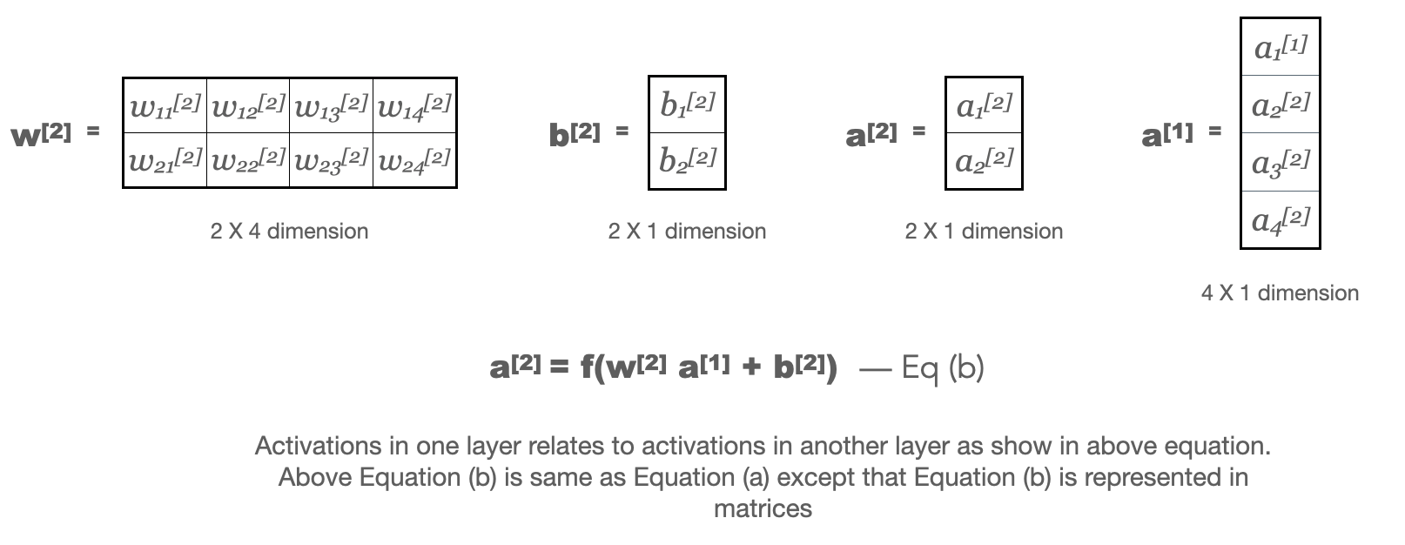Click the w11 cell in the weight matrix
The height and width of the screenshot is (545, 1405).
(x=165, y=106)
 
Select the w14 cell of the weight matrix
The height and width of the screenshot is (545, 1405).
(x=414, y=106)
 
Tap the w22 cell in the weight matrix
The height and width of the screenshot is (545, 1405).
(x=248, y=160)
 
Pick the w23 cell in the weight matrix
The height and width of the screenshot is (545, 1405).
(x=331, y=160)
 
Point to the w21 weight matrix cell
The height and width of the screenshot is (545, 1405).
(x=165, y=160)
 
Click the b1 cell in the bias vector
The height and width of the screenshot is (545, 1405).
(x=687, y=104)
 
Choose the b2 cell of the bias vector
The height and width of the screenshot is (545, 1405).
(x=687, y=160)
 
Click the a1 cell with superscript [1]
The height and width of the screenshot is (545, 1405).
(x=1280, y=47)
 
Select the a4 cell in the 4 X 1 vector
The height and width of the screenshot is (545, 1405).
(x=1280, y=219)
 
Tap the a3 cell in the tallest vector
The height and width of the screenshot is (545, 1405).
(x=1280, y=162)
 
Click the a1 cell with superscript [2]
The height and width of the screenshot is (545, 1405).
(x=984, y=105)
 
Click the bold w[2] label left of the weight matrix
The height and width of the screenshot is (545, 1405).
(x=42, y=135)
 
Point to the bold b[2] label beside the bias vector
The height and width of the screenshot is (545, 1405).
(x=575, y=135)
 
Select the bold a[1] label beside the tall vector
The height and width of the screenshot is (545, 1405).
(x=1167, y=135)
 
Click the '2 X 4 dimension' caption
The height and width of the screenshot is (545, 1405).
(x=289, y=232)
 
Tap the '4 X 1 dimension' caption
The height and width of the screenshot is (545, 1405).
(x=1280, y=293)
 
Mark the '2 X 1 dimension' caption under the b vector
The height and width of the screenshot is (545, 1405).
(x=687, y=232)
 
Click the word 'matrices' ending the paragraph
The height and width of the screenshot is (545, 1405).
(x=763, y=508)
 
